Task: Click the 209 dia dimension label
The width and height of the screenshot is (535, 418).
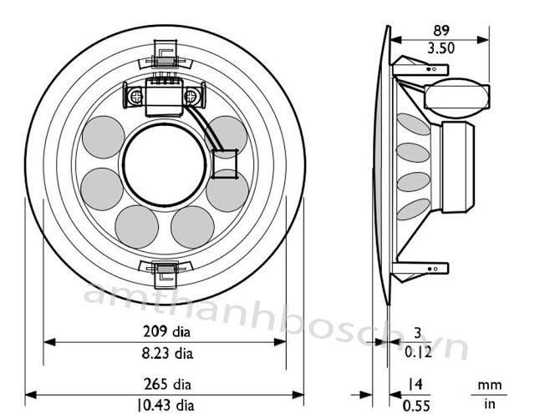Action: pyautogui.click(x=164, y=330)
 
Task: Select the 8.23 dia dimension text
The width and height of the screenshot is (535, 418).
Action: pyautogui.click(x=164, y=353)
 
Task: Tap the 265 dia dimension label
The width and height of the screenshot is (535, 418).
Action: pyautogui.click(x=164, y=385)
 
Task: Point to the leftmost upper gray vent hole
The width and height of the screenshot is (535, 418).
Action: pyautogui.click(x=102, y=137)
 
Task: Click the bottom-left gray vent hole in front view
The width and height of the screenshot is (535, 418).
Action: pyautogui.click(x=137, y=226)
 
